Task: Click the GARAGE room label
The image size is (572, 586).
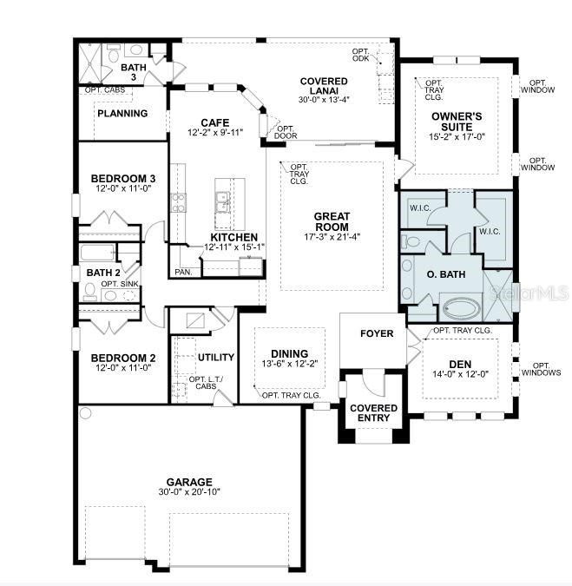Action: [x=189, y=482]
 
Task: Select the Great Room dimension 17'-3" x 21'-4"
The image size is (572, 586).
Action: [x=332, y=236]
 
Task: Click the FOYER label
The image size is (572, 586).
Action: [x=377, y=333]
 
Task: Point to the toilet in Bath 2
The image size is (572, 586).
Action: [x=90, y=293]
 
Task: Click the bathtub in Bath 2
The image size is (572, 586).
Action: [x=97, y=253]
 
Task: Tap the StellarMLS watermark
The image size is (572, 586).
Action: [x=529, y=293]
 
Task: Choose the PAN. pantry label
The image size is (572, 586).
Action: [x=183, y=272]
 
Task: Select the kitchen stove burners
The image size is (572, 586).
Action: [x=178, y=203]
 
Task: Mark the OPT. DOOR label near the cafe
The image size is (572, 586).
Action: [x=286, y=132]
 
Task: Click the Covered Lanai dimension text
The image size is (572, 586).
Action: [x=324, y=100]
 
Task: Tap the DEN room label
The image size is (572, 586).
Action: [x=460, y=364]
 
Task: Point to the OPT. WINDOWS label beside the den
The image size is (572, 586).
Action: [x=541, y=369]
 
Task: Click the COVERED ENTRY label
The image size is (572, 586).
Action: [x=373, y=413]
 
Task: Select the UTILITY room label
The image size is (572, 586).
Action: [x=216, y=358]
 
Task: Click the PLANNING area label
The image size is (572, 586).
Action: [x=122, y=113]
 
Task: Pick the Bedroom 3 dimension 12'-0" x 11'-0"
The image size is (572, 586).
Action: [x=123, y=188]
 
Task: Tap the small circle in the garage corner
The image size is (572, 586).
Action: [x=86, y=413]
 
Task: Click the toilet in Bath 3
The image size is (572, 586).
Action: [x=113, y=55]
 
